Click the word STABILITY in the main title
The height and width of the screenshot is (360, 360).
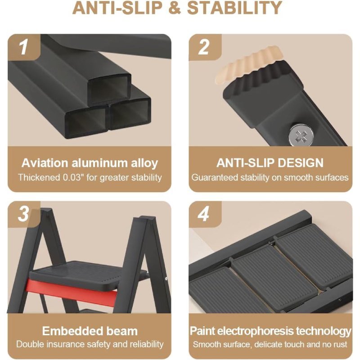coord(234,8)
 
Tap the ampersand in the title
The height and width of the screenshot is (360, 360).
coord(175,8)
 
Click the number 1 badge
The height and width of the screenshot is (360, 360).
coord(23,47)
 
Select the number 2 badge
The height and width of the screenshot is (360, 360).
coord(204,47)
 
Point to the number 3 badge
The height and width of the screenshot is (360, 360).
coord(23,214)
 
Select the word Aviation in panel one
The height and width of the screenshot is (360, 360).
coord(45,163)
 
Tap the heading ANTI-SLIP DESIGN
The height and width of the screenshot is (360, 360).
coord(270,163)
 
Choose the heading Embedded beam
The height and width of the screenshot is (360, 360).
coord(90,331)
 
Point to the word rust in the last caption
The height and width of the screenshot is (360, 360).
coord(340,344)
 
